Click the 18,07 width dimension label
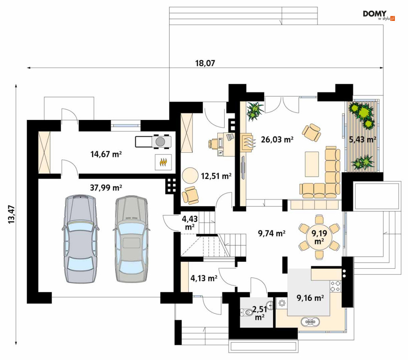coord(205,63)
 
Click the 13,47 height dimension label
coord(12,214)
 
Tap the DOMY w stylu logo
coord(379,15)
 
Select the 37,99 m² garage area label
coord(106,188)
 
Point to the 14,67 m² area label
coord(106,154)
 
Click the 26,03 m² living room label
coord(277,140)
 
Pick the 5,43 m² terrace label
coord(362,140)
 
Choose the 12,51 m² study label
coord(216,176)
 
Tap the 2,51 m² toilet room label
coord(260,313)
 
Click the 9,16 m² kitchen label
coord(310,298)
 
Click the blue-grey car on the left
coord(80,239)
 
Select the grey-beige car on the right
coord(131,239)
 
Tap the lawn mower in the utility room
coord(153,142)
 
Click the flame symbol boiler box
coord(163,162)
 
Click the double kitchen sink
coord(310,322)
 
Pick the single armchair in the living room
coord(311,132)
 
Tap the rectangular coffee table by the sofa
coord(312,164)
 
